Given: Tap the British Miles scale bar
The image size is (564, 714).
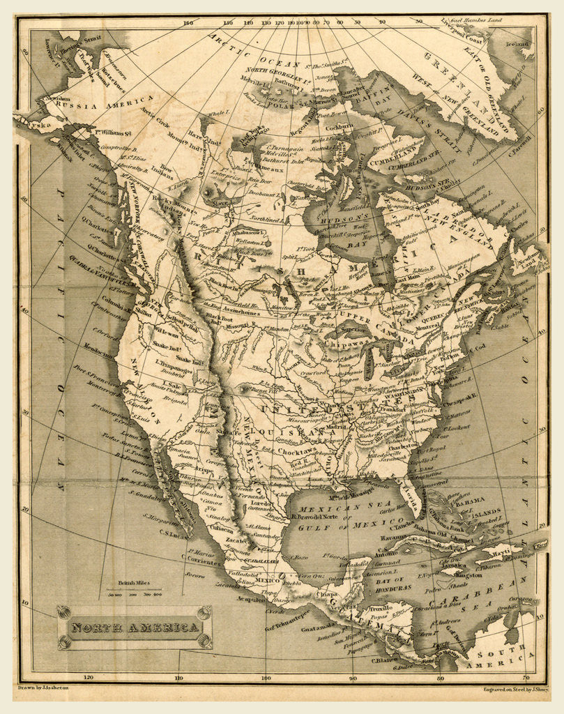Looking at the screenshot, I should (x=134, y=593).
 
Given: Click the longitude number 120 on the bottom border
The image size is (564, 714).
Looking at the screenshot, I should (x=89, y=676).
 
